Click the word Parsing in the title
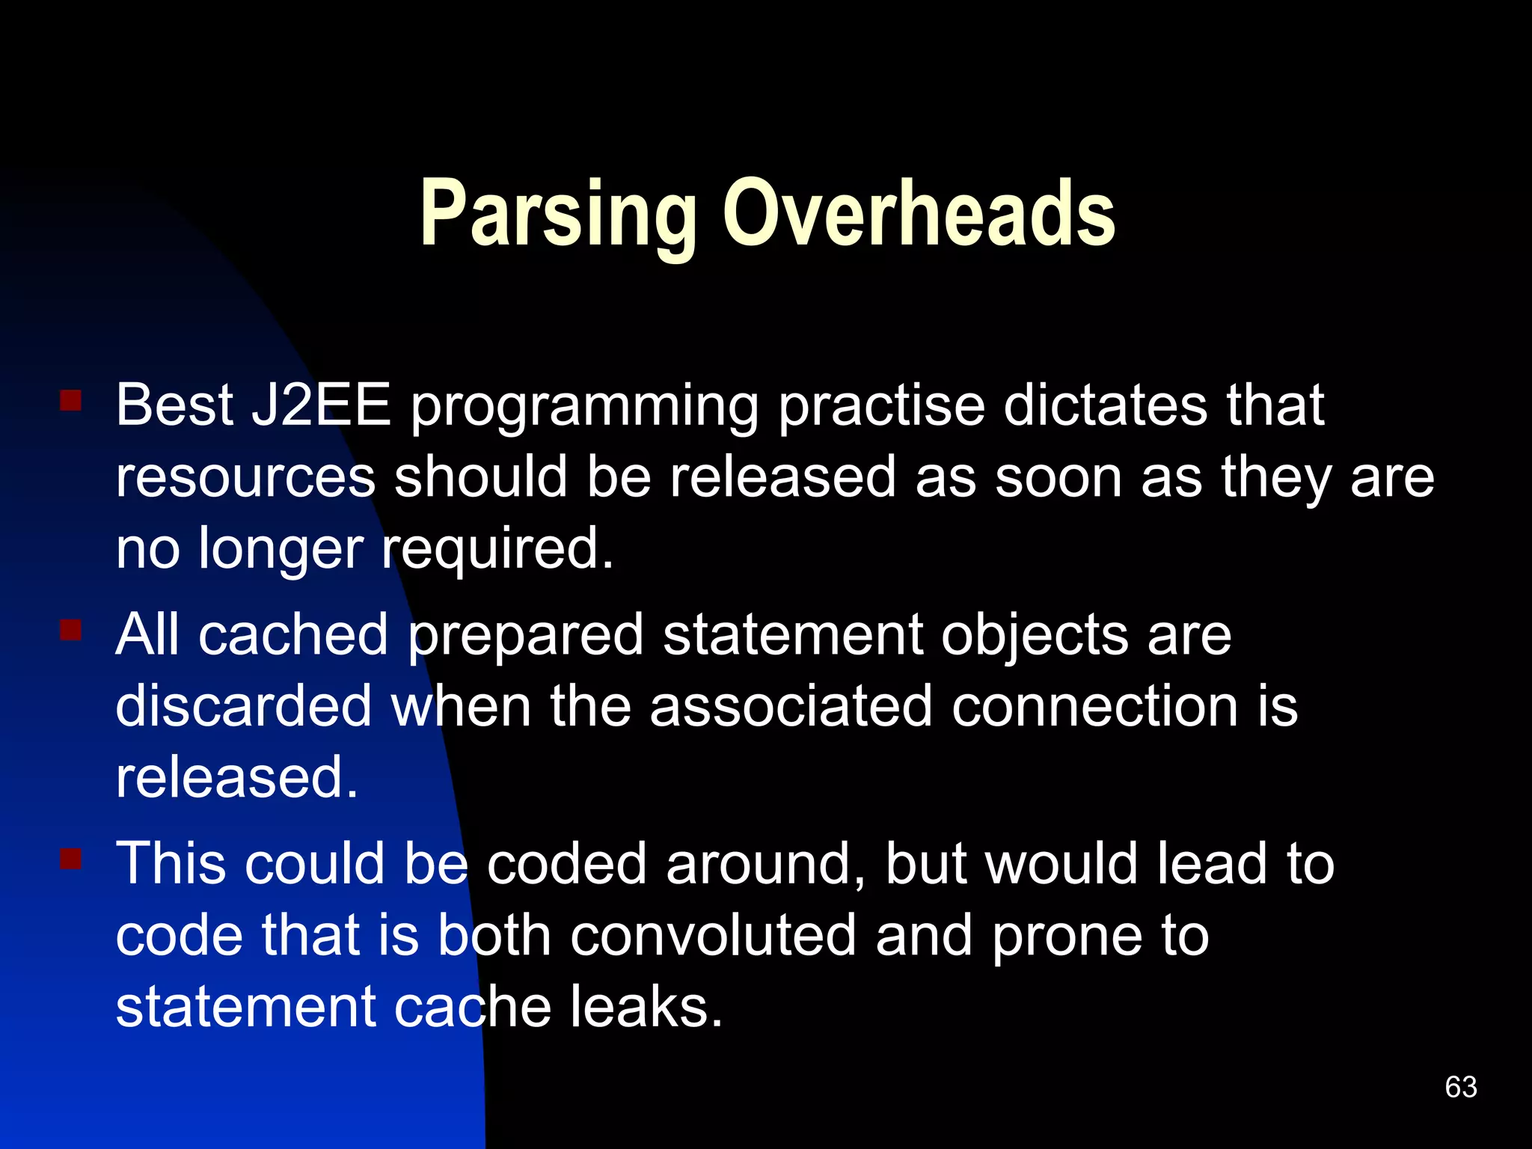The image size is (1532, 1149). [x=558, y=215]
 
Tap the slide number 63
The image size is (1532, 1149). [x=1461, y=1087]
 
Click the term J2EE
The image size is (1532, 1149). [x=321, y=405]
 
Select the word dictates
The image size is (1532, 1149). [x=1105, y=405]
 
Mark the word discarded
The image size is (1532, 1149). [x=244, y=706]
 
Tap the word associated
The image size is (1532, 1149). [x=791, y=706]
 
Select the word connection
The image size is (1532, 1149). [x=1095, y=706]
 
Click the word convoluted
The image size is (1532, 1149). [x=713, y=936]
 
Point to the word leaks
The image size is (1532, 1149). [x=646, y=1008]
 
